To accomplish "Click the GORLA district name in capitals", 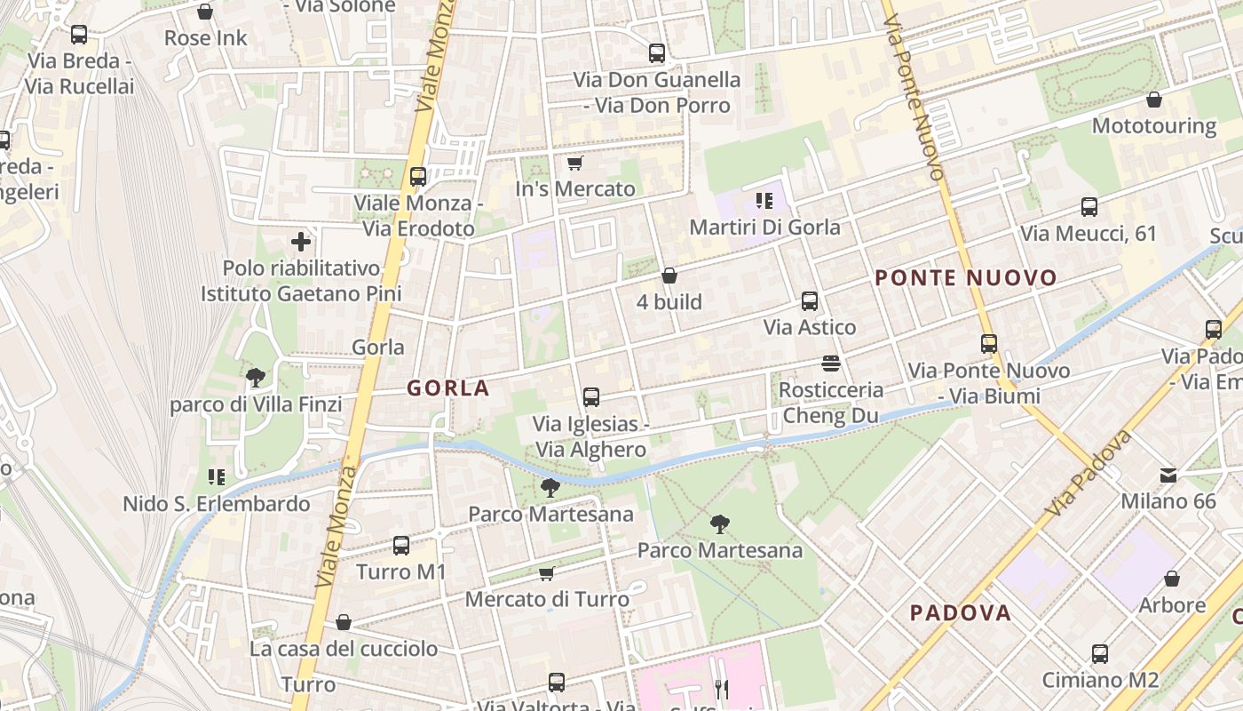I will click(448, 387).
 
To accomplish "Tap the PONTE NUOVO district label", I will click(966, 278).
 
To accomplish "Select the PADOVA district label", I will click(961, 612).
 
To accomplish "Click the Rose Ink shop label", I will click(206, 38).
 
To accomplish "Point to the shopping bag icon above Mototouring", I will click(1154, 100).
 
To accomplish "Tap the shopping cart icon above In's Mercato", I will click(574, 164).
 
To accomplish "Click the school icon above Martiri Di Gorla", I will click(764, 201).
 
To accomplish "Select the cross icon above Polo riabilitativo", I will click(301, 241).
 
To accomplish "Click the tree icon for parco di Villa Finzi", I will click(256, 378).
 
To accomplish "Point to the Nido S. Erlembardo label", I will click(217, 504).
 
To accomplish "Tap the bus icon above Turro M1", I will click(401, 546).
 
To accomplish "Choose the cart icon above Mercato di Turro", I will click(547, 573).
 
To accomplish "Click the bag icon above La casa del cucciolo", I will click(344, 622).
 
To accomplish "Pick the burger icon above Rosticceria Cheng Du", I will click(831, 363).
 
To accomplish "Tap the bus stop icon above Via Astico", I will click(810, 300).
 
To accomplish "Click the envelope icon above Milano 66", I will click(1168, 475).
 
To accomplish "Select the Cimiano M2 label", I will click(1100, 680).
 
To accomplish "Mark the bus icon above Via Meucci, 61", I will click(1089, 207).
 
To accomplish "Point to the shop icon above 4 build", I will click(669, 276).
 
